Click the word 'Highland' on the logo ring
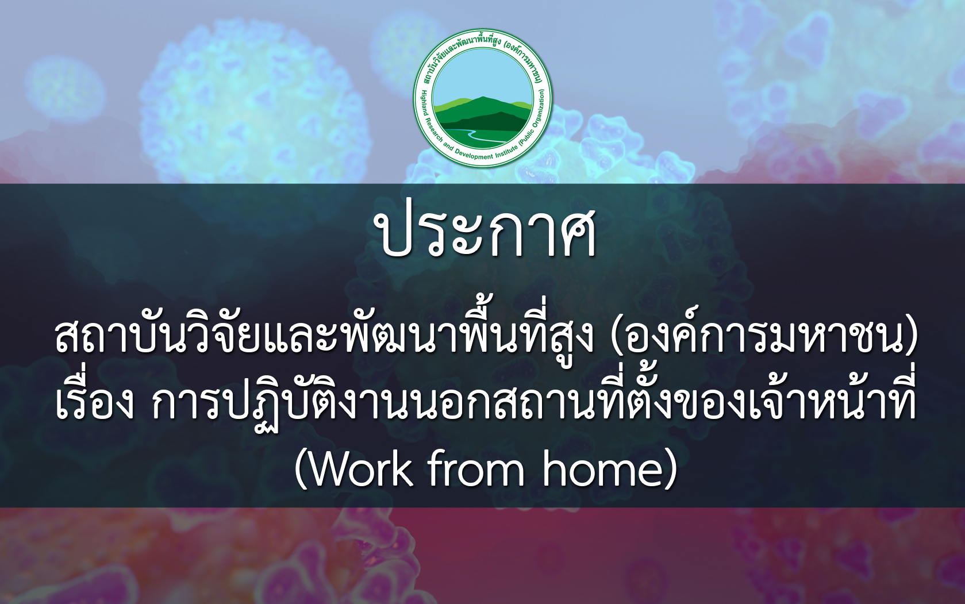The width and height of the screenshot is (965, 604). [x=424, y=103]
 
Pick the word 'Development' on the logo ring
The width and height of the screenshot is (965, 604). [x=475, y=155]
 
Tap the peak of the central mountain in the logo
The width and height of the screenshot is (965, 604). [x=483, y=98]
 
